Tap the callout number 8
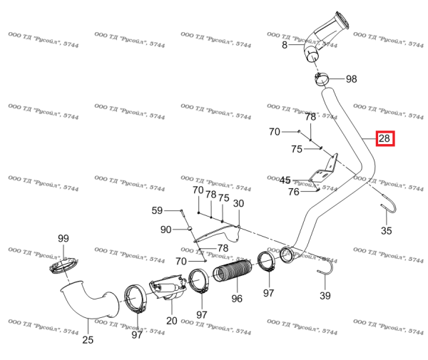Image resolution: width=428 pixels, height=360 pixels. tap(285, 45)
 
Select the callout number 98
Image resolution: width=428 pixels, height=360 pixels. tap(352, 78)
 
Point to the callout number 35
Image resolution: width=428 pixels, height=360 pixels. tap(386, 230)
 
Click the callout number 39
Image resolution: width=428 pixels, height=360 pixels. tap(325, 296)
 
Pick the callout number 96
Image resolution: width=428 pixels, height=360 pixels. tap(237, 298)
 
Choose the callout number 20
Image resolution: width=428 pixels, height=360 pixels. tap(171, 320)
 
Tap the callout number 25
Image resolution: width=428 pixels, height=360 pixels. tap(88, 339)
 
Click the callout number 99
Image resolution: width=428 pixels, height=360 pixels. tap(63, 238)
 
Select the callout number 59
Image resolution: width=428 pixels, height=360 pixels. tap(157, 210)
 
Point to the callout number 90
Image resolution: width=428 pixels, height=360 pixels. tap(165, 230)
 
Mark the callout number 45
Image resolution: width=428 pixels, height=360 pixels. tap(285, 180)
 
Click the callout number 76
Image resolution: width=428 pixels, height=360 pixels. tap(293, 192)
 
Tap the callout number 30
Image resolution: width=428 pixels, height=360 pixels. tap(238, 203)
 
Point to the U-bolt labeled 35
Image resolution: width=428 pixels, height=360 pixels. tap(386, 210)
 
